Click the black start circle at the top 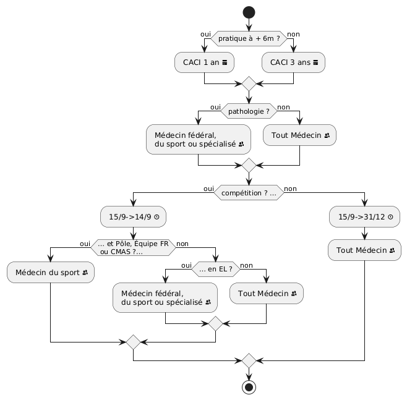point(249,12)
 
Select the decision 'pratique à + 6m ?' point(249,39)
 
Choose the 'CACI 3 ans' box point(293,62)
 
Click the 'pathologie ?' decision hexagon point(249,112)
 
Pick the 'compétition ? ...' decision point(249,194)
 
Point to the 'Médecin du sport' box point(50,272)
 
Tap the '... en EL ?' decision point(215,269)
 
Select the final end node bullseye point(249,388)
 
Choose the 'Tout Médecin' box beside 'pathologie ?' point(299,135)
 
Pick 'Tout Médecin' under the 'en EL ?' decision point(266,293)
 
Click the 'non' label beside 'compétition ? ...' point(289,189)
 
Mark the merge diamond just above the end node point(249,360)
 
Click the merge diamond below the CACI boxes point(249,83)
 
